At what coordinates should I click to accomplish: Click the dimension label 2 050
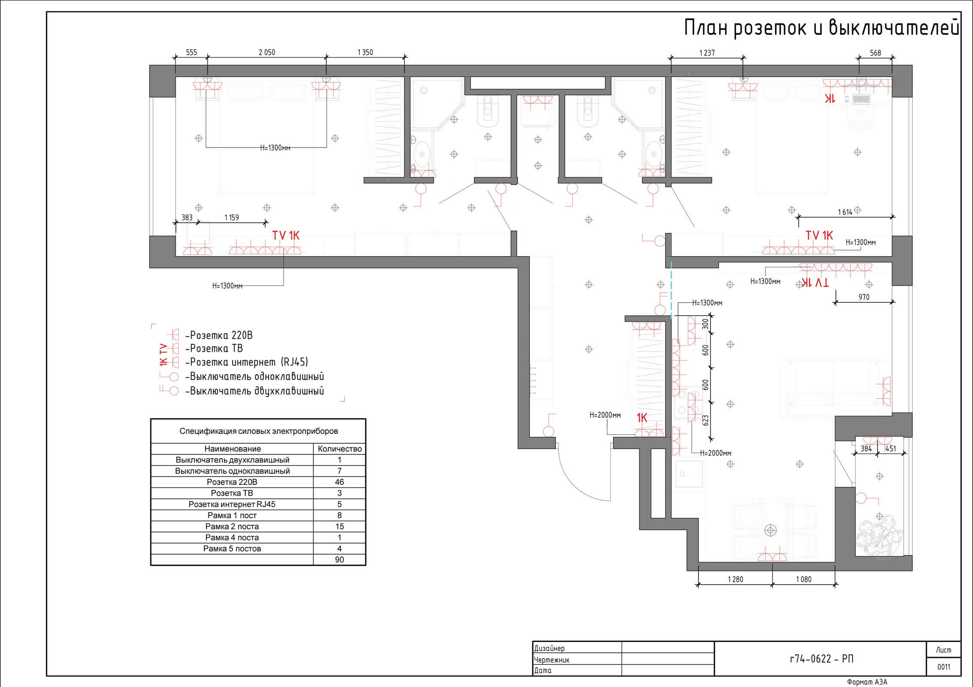tap(267, 52)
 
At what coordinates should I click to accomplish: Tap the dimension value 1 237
tap(707, 53)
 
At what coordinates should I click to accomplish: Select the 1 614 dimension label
tap(845, 212)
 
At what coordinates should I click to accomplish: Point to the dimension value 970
tap(864, 297)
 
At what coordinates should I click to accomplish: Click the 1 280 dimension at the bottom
tap(735, 579)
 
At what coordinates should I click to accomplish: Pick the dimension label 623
tap(706, 420)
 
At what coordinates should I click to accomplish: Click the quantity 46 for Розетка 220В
tap(339, 482)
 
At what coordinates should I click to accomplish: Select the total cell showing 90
tap(339, 559)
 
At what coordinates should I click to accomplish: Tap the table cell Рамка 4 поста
tap(232, 537)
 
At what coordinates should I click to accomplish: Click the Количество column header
tap(340, 449)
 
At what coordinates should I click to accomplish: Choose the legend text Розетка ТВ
tap(216, 348)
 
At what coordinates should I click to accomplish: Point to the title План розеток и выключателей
tap(821, 28)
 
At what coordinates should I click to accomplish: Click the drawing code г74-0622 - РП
tap(821, 659)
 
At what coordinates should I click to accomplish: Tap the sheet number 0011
tap(943, 667)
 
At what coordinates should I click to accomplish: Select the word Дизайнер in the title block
tap(549, 648)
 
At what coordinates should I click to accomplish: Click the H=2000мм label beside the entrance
tap(605, 415)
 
